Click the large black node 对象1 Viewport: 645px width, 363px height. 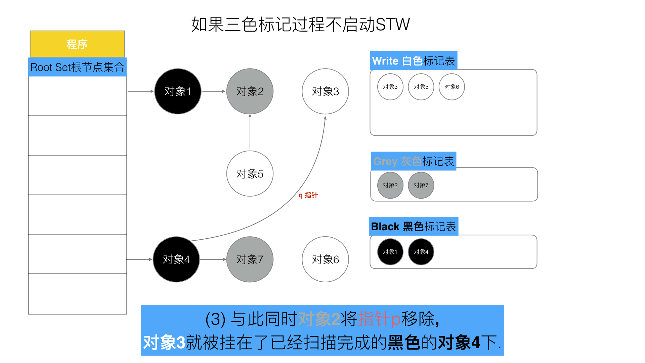tap(178, 91)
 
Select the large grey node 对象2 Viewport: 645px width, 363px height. tap(250, 91)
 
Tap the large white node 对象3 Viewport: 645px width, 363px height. tap(325, 91)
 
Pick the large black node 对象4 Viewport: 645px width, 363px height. tap(176, 259)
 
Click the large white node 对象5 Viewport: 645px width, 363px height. tap(250, 173)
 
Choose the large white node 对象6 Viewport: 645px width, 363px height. tap(325, 259)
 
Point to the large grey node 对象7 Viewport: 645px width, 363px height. tap(250, 259)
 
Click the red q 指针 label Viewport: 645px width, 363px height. tap(308, 195)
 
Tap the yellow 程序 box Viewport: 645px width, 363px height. tap(77, 44)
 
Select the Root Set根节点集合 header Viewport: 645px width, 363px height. tap(77, 67)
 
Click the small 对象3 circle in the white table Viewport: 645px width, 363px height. tap(390, 87)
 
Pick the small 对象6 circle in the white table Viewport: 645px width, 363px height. tap(451, 87)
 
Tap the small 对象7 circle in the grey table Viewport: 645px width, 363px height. tap(421, 185)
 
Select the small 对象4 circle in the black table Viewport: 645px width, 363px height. tap(421, 252)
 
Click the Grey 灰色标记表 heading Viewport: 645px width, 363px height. tap(414, 161)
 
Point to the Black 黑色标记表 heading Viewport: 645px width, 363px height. tap(414, 227)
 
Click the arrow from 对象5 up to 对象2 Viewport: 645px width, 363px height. tap(250, 132)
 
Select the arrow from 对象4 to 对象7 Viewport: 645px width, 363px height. tap(213, 259)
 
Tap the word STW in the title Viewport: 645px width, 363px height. tap(392, 25)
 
